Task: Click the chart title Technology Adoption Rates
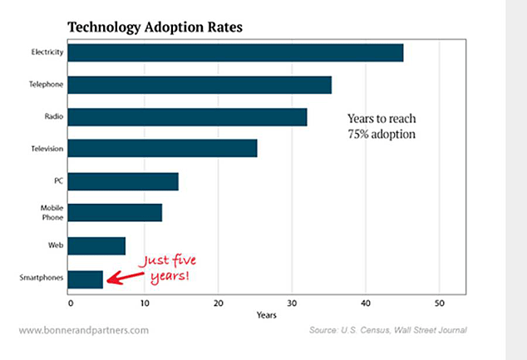(155, 26)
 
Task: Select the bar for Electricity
(235, 53)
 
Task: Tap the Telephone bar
(199, 85)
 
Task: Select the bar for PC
(123, 181)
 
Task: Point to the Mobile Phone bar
(115, 213)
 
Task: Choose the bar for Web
(96, 245)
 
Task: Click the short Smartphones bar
(86, 278)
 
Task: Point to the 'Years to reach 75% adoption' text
(382, 126)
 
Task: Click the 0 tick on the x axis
(71, 303)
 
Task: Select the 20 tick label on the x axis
(218, 303)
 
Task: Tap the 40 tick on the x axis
(365, 303)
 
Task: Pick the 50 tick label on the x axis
(439, 303)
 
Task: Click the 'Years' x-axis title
(267, 315)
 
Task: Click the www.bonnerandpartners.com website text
(83, 330)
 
